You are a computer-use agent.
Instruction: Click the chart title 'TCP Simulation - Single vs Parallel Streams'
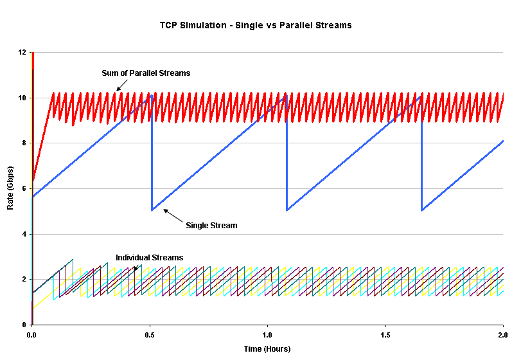[x=256, y=25]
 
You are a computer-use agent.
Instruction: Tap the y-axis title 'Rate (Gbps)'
[x=10, y=189]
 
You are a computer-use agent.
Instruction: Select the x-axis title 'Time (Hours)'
[x=267, y=349]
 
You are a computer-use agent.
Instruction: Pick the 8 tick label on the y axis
[x=24, y=143]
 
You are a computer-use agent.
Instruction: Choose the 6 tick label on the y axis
[x=24, y=189]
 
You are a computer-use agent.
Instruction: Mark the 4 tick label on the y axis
[x=24, y=234]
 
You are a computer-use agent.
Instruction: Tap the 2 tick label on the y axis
[x=24, y=280]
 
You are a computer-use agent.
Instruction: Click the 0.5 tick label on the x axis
[x=150, y=336]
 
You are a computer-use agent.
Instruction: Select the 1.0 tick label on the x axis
[x=267, y=336]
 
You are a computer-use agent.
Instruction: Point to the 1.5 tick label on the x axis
[x=385, y=336]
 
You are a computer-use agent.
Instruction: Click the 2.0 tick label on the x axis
[x=503, y=336]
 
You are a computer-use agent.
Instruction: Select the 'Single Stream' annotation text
[x=211, y=226]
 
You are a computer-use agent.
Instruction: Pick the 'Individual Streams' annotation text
[x=149, y=257]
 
